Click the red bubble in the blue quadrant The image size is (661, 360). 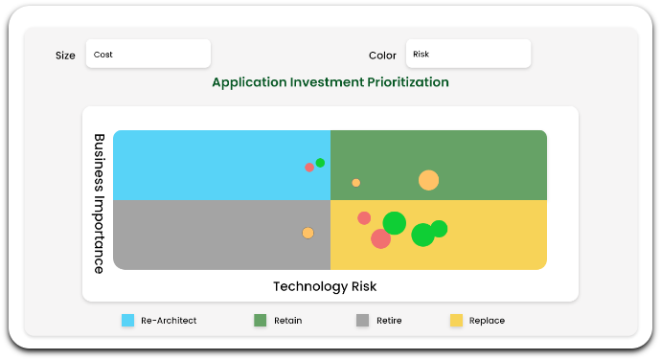point(309,168)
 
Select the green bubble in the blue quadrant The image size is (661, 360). point(320,163)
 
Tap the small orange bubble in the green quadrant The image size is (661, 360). point(356,183)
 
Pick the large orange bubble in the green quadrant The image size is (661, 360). point(428,180)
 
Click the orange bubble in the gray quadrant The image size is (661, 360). point(308,233)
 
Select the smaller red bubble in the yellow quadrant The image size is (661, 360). point(364,218)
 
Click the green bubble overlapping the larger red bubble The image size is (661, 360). point(395,223)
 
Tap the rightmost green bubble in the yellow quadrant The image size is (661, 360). point(439,228)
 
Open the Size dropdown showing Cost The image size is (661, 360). point(148,55)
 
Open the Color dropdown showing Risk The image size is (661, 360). point(467,55)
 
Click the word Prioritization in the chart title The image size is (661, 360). point(401,82)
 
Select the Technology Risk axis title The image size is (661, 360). point(325,286)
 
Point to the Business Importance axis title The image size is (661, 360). point(99,203)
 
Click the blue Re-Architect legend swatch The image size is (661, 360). point(127,321)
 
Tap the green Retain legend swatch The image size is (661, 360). point(260,321)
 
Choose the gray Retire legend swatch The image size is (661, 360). point(362,321)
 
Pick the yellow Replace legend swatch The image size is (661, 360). point(456,321)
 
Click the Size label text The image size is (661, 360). point(65,56)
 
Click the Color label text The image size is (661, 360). point(382,56)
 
